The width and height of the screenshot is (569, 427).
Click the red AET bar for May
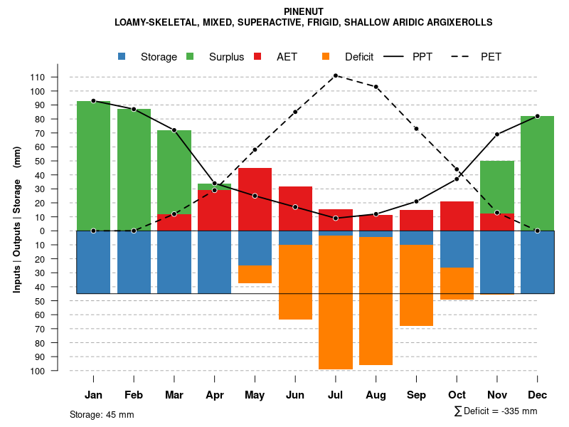point(255,199)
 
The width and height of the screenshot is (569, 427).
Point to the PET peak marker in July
point(336,75)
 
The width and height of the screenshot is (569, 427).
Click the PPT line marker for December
point(538,116)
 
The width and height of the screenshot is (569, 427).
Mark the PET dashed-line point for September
point(416,129)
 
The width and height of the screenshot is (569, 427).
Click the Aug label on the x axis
point(376,395)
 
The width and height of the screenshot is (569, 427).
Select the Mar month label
point(174,395)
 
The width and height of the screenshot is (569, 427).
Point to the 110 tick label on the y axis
point(57,77)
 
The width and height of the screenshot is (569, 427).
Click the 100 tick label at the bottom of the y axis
point(57,371)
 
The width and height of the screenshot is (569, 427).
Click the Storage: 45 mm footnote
point(102,414)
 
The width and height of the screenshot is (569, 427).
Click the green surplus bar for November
point(497,186)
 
